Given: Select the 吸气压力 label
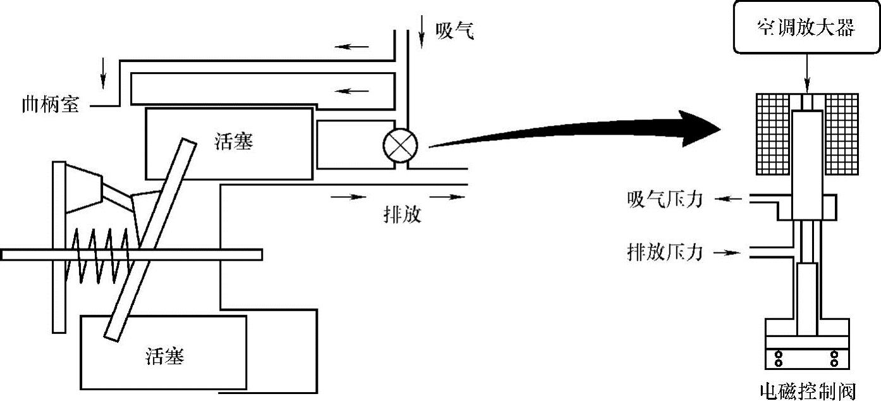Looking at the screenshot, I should click(x=664, y=199).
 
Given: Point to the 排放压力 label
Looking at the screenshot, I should click(x=664, y=252).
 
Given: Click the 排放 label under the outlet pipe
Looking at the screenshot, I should click(x=402, y=214).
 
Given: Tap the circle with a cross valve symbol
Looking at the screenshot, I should click(x=401, y=146).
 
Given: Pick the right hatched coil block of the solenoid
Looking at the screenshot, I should click(x=841, y=133).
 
